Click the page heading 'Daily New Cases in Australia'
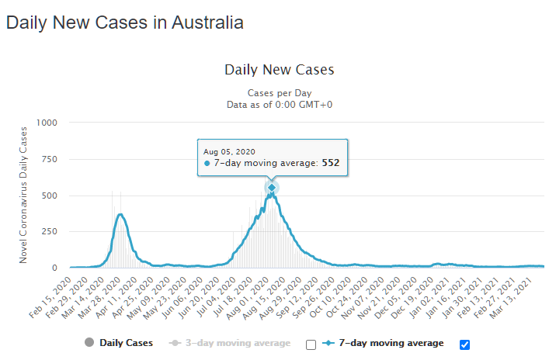(125, 22)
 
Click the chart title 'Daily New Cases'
(279, 70)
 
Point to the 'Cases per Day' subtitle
(279, 92)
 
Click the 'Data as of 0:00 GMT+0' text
(279, 104)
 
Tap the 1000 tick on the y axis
(46, 123)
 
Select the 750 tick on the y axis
(48, 159)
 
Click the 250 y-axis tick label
(48, 231)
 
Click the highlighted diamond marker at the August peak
(272, 188)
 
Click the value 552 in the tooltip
(330, 164)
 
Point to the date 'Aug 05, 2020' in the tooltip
(229, 151)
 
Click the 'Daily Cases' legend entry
(126, 343)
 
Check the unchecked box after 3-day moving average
(311, 344)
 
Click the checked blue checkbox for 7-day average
(464, 344)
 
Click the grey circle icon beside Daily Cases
(89, 343)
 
